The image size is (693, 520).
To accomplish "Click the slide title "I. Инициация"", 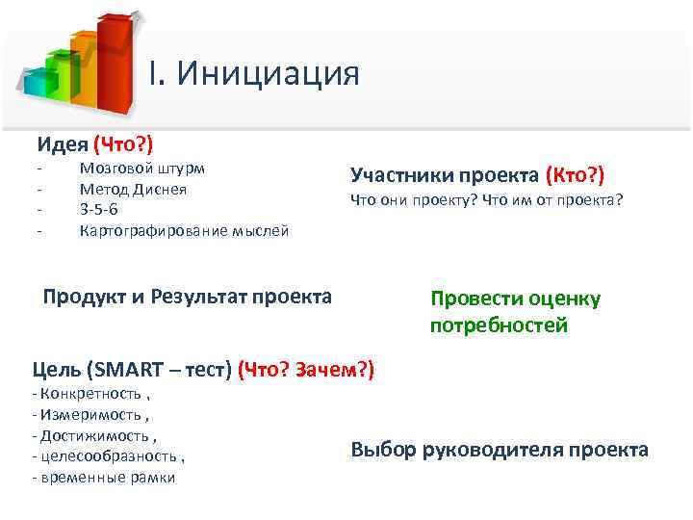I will point(254,73).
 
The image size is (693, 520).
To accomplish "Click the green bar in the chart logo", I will point(62,75).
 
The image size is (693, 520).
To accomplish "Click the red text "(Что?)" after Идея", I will point(123,144).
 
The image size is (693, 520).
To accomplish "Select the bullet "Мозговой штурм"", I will point(141,168).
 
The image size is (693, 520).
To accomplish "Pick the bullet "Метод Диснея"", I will point(133,189).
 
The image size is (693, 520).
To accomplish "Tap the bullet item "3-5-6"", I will point(99,210).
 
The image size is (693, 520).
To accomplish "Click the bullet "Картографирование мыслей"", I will point(184,231).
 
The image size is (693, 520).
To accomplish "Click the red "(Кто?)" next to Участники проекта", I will point(575,174).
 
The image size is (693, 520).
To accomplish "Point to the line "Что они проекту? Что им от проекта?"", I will point(487,200).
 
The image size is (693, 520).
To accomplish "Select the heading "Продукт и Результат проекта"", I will point(188,296).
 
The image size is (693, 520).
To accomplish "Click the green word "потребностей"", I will point(499,325).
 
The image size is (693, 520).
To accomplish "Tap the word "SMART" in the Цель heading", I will point(129,370).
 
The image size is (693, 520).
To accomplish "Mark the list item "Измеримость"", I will point(89,415).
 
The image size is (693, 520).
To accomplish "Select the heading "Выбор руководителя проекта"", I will point(500,450).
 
